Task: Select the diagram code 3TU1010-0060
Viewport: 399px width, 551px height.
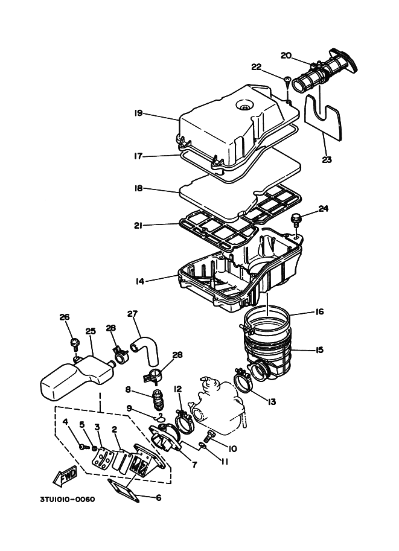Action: click(67, 499)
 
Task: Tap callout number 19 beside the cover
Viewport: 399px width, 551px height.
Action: click(138, 113)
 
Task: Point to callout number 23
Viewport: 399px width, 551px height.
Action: click(327, 160)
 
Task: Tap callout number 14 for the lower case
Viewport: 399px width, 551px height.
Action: click(140, 281)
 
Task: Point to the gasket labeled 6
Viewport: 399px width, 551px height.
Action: click(124, 489)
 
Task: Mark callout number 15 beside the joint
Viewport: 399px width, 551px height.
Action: click(319, 350)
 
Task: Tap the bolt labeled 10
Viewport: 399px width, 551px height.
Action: click(210, 435)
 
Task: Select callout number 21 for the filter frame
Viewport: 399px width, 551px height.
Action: click(138, 226)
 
